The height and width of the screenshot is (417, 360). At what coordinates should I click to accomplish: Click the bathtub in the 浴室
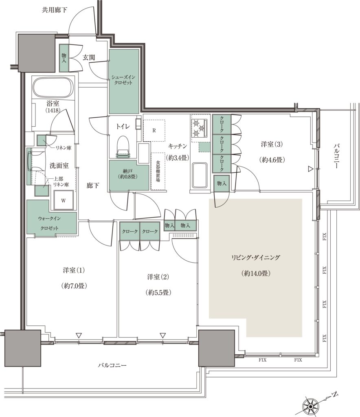53,88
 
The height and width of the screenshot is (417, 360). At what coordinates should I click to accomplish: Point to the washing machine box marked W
63,200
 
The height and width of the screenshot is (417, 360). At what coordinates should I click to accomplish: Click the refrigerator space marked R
154,131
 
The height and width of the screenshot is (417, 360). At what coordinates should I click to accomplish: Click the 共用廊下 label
55,10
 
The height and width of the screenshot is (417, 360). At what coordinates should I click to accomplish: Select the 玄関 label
89,57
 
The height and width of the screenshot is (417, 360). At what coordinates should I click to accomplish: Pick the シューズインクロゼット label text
123,80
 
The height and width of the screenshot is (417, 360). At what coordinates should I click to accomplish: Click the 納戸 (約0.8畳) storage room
129,175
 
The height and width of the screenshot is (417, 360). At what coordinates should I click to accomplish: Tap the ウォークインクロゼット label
49,223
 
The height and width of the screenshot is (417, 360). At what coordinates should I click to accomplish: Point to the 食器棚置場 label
158,171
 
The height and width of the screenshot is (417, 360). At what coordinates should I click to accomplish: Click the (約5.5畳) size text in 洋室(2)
158,292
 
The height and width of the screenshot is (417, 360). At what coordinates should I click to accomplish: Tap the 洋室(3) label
272,145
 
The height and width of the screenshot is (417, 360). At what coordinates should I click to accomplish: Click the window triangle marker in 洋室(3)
310,169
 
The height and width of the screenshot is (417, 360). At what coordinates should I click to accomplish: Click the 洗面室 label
59,165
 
